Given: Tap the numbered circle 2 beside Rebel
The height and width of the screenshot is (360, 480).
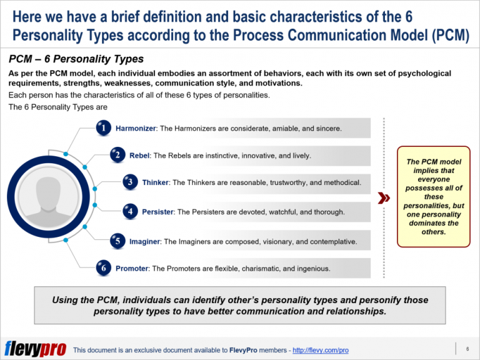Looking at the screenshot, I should pos(116,155).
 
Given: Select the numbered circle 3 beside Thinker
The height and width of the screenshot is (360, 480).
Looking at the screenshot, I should pos(129,182).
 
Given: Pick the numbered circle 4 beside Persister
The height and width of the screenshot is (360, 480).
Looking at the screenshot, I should pos(129,211).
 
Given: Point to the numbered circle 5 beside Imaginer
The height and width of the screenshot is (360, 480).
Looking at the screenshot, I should pos(116,240).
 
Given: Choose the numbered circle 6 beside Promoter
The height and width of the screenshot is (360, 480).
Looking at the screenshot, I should pos(102,268).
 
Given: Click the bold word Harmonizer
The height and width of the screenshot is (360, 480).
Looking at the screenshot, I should pos(136,129).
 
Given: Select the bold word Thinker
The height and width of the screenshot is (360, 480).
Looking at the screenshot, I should pos(155,183).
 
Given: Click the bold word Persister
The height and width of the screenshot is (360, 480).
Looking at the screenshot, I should pos(157,212).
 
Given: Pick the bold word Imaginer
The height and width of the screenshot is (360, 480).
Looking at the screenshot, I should pos(144,241).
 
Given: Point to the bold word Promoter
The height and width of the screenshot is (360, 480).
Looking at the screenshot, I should pos(132,269).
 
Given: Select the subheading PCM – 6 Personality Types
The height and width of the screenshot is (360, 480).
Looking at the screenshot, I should pos(76,60).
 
